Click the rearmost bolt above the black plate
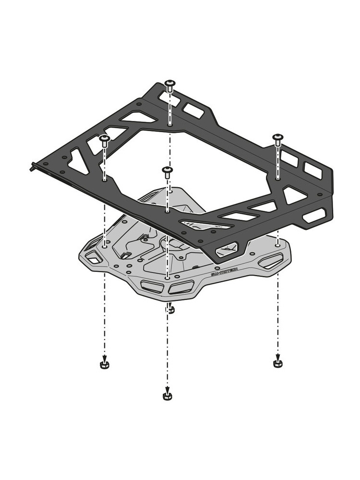pos(169,85)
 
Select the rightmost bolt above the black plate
pos(277,139)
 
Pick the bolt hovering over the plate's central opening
pos(167,172)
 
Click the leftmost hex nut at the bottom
pos(104,365)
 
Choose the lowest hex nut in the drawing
pos(167,396)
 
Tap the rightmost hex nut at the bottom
pos(277,363)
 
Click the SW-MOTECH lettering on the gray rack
pos(224,272)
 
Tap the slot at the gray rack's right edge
pos(271,261)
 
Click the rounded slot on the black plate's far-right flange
pos(314,215)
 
